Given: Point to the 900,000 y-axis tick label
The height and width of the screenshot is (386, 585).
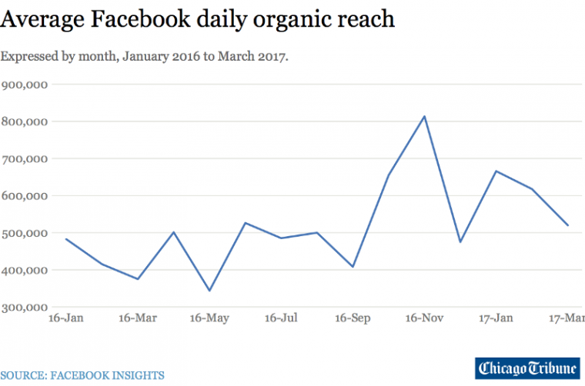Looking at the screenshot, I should click(x=25, y=85).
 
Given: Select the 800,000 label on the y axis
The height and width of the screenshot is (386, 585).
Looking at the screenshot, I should click(x=25, y=121).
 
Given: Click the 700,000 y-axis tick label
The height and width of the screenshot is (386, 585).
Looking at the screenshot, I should click(x=25, y=159).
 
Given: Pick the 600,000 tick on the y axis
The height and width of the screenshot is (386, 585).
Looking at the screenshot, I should click(x=25, y=196).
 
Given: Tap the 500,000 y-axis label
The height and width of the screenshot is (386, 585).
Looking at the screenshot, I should click(x=25, y=233).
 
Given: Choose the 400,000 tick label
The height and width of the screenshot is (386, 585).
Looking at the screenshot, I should click(x=25, y=271).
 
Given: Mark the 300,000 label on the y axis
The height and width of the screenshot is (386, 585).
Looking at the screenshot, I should click(x=25, y=308).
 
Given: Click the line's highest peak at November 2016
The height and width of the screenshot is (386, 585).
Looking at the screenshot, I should click(x=425, y=117).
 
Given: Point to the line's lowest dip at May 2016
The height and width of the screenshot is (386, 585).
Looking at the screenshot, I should click(x=209, y=291).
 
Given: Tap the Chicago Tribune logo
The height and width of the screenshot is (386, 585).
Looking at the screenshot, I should click(x=527, y=368).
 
